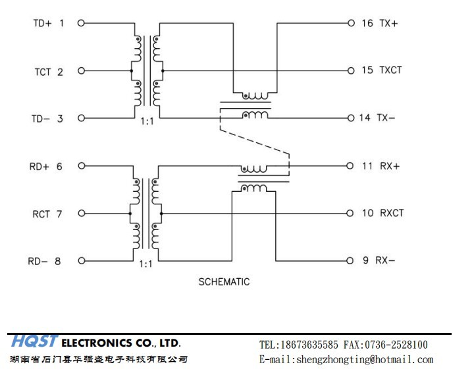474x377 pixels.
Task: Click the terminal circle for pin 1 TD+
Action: click(x=81, y=23)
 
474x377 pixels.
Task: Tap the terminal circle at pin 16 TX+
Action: click(x=351, y=23)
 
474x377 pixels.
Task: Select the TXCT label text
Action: click(x=390, y=71)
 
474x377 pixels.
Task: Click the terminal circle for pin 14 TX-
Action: click(x=351, y=118)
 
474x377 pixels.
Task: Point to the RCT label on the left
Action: click(x=41, y=214)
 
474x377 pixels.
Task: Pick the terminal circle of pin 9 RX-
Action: click(x=350, y=260)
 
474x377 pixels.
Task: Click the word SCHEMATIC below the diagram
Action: click(x=224, y=281)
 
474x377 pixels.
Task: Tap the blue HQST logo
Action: click(x=34, y=341)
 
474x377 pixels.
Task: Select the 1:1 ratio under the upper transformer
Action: click(x=147, y=122)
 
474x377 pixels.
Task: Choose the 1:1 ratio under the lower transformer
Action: click(x=145, y=264)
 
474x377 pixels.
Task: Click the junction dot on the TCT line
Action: click(x=132, y=71)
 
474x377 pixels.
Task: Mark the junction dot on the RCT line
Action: click(x=130, y=214)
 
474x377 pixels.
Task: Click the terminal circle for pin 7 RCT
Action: click(x=82, y=214)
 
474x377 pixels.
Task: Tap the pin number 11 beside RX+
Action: click(x=367, y=166)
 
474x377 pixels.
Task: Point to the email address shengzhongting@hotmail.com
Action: click(x=365, y=359)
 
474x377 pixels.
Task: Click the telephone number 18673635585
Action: click(x=309, y=345)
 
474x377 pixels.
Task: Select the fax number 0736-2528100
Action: click(x=396, y=345)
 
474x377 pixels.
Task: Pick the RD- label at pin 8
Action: click(x=38, y=261)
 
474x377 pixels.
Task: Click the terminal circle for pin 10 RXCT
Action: click(x=350, y=214)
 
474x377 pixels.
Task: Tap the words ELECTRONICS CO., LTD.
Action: click(x=121, y=343)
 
